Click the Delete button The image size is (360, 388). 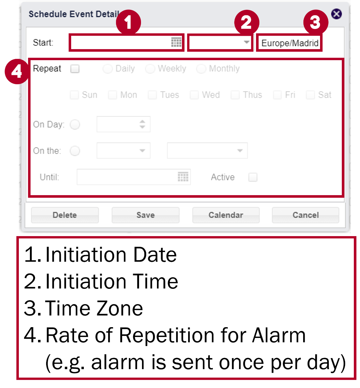(x=65, y=215)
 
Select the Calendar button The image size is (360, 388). (x=226, y=215)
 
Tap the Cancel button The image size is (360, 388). (x=305, y=215)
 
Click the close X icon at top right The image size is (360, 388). (x=336, y=14)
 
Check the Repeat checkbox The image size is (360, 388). (x=75, y=69)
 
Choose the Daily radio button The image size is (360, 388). (x=108, y=69)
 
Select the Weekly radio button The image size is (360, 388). (x=150, y=69)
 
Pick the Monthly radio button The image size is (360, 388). (x=201, y=69)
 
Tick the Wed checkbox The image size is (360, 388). (x=194, y=95)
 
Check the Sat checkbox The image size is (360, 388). (x=311, y=95)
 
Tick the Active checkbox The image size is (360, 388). (x=253, y=177)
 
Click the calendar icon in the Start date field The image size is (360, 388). (x=176, y=42)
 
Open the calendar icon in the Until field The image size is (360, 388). (x=183, y=177)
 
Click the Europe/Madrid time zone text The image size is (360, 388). (x=289, y=43)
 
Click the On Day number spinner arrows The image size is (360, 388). (x=142, y=124)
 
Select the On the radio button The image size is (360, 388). (x=75, y=151)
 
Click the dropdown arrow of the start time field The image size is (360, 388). (x=247, y=42)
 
